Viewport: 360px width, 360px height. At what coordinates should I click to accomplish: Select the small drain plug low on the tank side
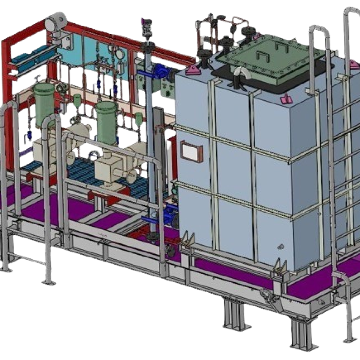tap(281, 246)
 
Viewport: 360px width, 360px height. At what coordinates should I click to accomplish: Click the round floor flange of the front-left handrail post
tap(49, 282)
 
